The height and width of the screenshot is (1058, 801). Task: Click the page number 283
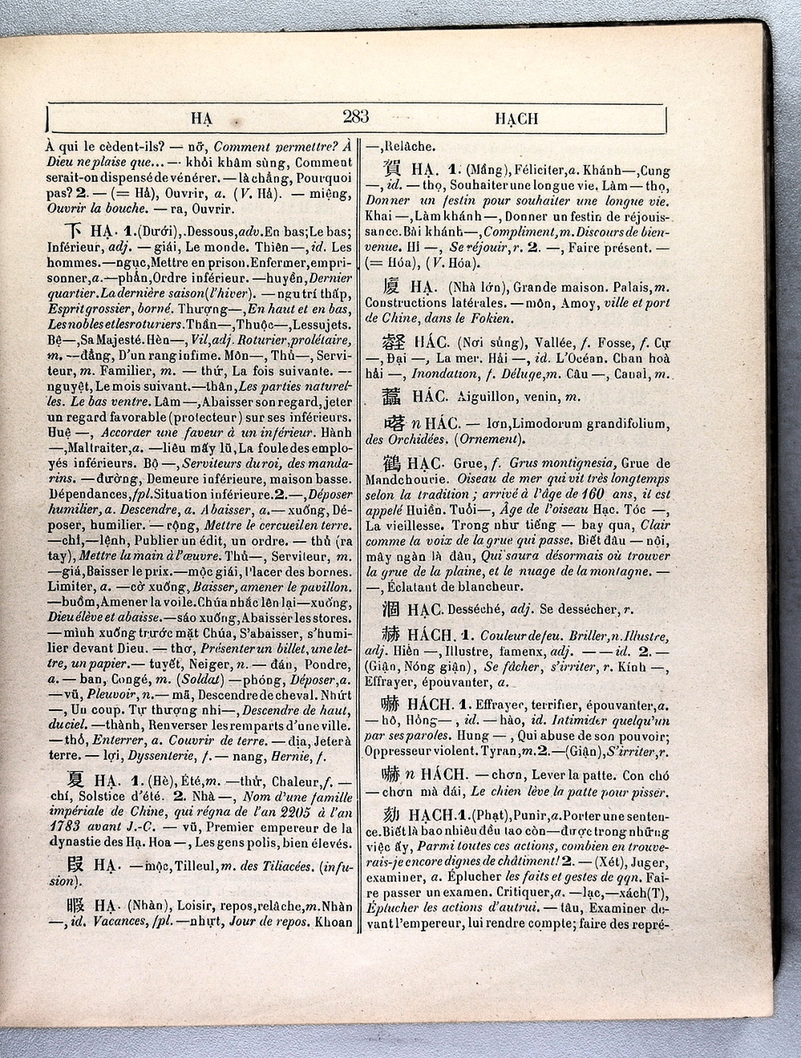coord(355,117)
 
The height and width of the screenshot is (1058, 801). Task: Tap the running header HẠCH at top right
coord(516,119)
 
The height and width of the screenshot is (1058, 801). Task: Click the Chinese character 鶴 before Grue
coord(391,463)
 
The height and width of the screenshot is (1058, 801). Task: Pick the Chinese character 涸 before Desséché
coord(391,610)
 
